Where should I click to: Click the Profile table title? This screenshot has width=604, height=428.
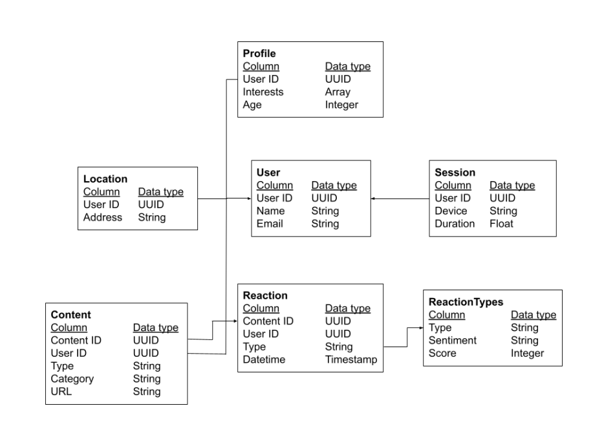[x=259, y=53]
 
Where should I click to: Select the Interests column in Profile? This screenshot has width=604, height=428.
[x=263, y=92]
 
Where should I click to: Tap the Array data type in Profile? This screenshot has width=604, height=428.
[x=338, y=92]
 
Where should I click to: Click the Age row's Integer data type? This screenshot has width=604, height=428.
[x=341, y=105]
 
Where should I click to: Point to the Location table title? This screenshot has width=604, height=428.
[x=105, y=178]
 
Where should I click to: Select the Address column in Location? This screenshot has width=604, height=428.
[x=103, y=217]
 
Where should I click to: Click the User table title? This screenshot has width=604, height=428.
[x=268, y=173]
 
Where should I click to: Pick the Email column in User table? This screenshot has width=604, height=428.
[x=270, y=224]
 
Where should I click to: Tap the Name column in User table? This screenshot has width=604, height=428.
[x=270, y=211]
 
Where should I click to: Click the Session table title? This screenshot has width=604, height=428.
[x=455, y=173]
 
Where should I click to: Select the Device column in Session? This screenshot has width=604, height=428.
[x=451, y=211]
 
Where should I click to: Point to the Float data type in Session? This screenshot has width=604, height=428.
[x=502, y=224]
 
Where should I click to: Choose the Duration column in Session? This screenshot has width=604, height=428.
[x=455, y=224]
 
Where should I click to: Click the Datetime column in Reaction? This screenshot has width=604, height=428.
[x=264, y=359]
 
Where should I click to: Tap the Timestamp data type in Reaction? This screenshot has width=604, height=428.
[x=351, y=359]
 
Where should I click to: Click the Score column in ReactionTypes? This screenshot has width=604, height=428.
[x=442, y=354]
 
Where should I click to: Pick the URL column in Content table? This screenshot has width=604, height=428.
[x=61, y=391]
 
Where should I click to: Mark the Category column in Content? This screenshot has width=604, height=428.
[x=72, y=379]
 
